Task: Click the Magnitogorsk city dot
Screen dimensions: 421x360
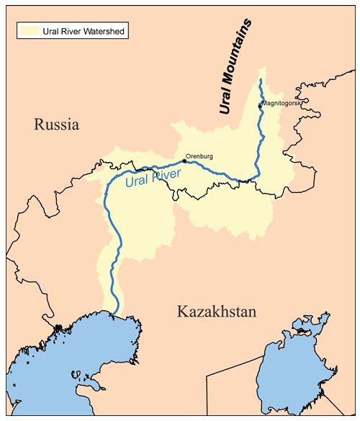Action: click(261, 107)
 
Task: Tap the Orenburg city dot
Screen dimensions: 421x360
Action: click(184, 161)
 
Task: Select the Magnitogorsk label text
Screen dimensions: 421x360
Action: click(282, 104)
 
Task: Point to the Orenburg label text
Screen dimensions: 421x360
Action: click(199, 155)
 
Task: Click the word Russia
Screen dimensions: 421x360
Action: click(55, 125)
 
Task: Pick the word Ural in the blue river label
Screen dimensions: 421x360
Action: click(136, 182)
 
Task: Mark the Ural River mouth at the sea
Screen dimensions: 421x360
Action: click(114, 312)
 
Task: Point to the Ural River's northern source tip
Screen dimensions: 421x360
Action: click(260, 78)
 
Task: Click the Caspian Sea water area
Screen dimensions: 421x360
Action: click(58, 360)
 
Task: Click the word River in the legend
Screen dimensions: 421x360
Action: click(73, 32)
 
